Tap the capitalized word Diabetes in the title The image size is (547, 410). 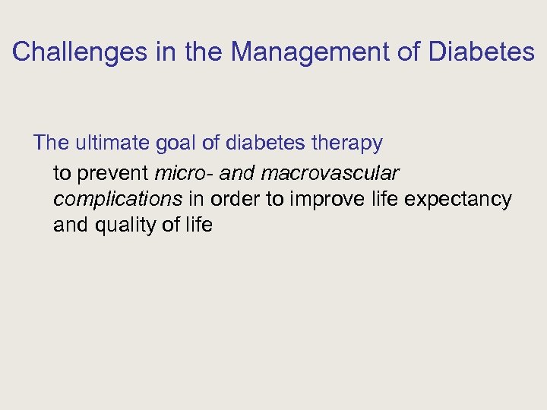click(482, 52)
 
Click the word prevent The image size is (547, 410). click(113, 174)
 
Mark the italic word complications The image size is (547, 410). click(118, 200)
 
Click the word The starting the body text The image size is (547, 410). click(50, 143)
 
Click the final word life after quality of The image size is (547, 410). click(199, 225)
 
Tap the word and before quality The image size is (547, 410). click(70, 225)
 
